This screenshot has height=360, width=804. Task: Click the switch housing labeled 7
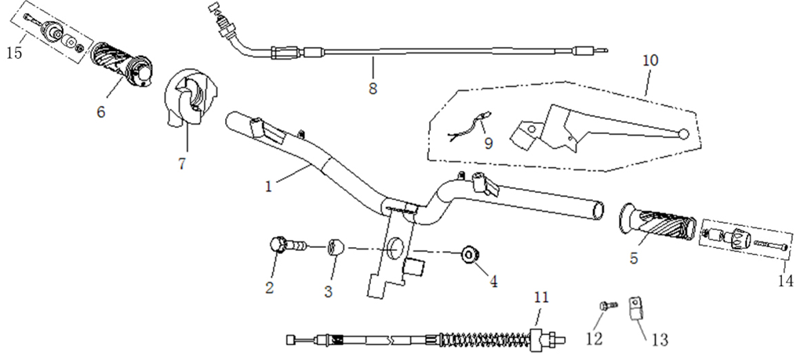[191, 98]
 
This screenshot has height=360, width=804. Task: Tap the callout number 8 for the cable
[373, 88]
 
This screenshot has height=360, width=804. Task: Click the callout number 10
[651, 60]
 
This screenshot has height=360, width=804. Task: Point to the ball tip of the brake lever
[686, 134]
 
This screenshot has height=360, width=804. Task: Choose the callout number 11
[541, 297]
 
